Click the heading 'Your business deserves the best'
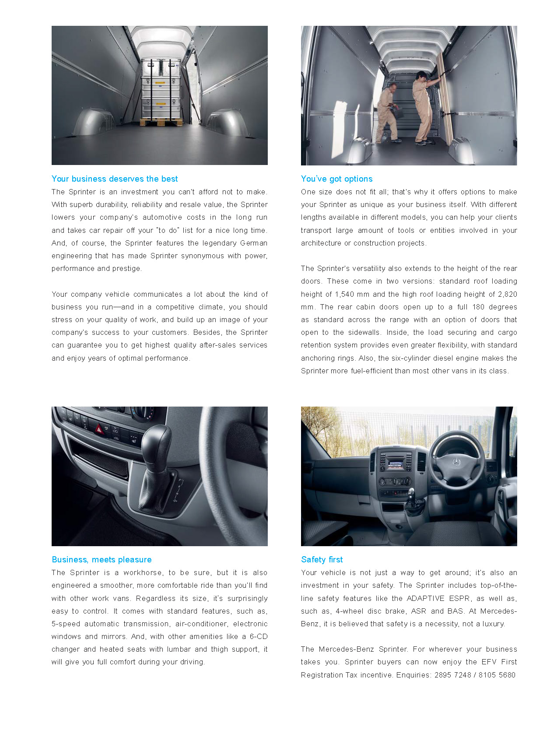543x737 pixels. (x=115, y=179)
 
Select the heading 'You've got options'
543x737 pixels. (x=336, y=179)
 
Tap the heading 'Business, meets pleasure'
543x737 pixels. (x=102, y=559)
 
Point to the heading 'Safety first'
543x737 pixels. (x=322, y=559)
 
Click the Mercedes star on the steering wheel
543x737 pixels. (x=456, y=462)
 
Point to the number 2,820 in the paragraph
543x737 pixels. (x=507, y=294)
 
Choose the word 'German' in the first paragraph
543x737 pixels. (x=254, y=243)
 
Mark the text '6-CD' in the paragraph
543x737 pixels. (x=259, y=636)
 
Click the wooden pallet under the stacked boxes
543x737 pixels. (x=161, y=122)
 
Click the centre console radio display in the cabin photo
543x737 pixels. (x=395, y=463)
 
